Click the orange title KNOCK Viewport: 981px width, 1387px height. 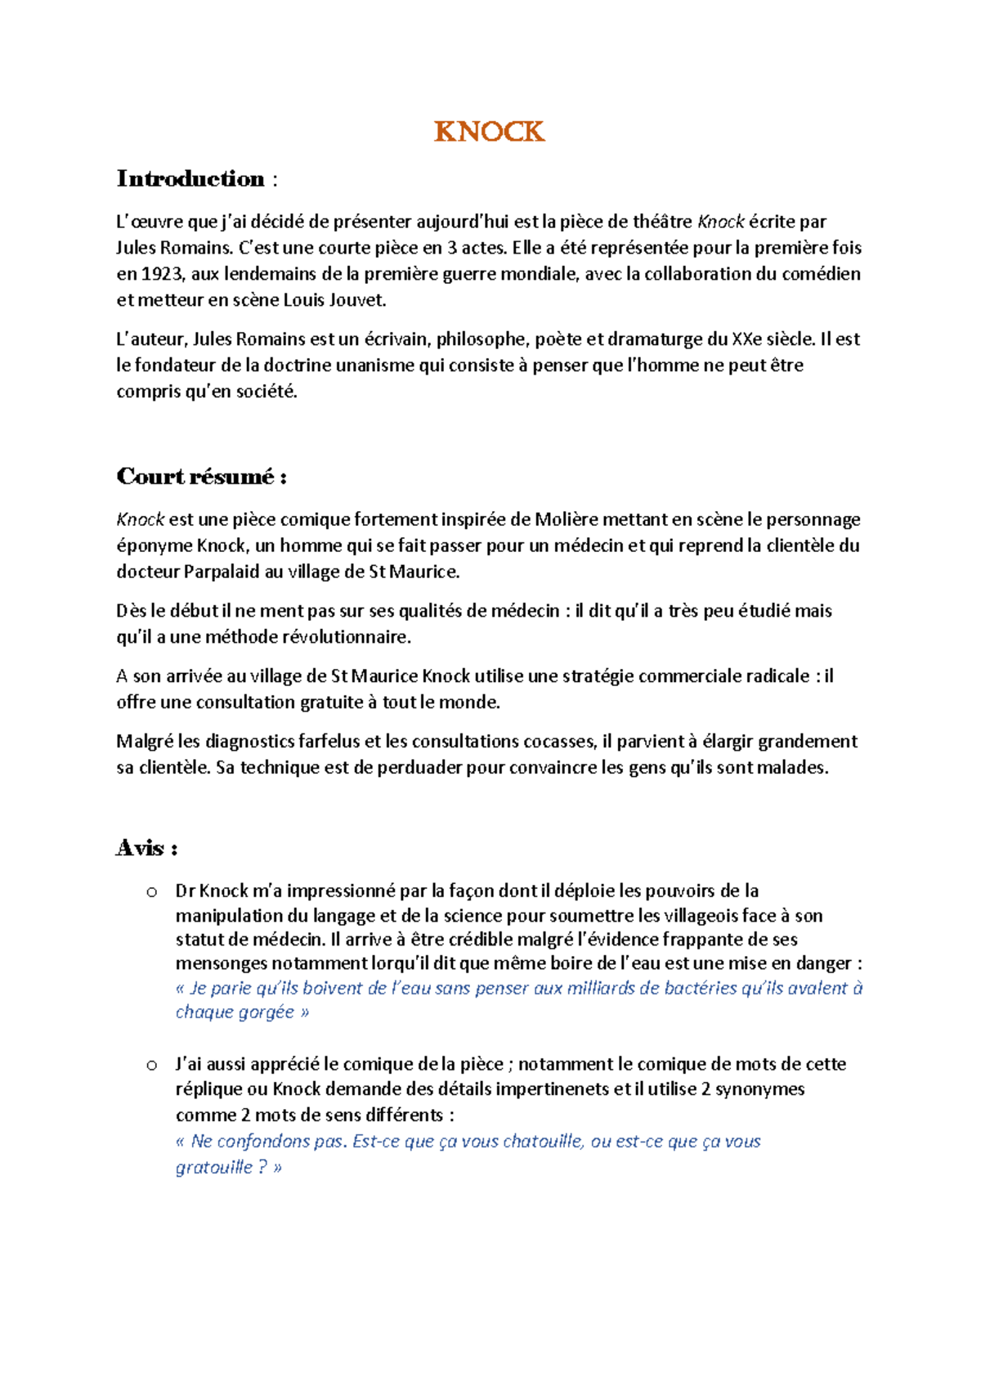coord(489,132)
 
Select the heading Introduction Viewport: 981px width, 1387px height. coord(190,178)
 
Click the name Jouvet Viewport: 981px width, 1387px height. coord(358,300)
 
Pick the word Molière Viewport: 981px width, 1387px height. coord(567,519)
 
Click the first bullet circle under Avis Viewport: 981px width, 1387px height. coord(151,892)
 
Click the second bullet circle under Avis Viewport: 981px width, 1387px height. coord(151,1065)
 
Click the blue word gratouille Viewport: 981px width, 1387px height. coord(214,1168)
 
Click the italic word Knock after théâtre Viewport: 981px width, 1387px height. coord(720,222)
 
